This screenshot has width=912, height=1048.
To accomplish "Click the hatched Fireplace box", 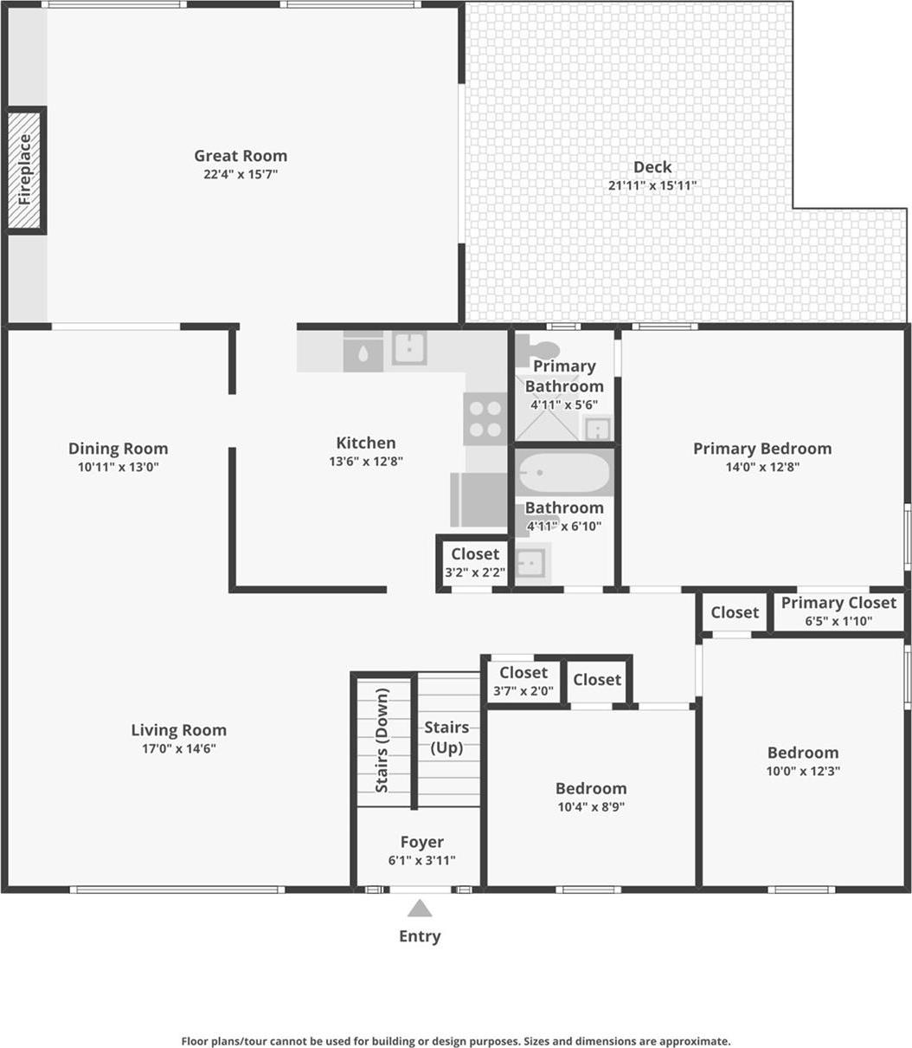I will click(26, 170).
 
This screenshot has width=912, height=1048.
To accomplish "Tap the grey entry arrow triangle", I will click(420, 909).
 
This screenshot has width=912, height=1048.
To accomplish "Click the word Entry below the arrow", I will click(420, 936).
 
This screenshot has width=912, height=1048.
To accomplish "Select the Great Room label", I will click(241, 156).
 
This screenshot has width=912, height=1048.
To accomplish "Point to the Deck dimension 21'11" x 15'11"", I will click(652, 185).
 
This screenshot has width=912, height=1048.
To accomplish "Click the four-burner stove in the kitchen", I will click(485, 418).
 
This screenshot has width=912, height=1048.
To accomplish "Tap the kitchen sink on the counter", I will click(408, 348).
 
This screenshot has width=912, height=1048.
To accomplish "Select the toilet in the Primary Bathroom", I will click(543, 349).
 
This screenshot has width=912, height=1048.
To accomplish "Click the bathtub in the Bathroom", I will click(564, 474).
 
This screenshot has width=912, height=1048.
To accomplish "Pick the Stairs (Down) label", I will click(382, 741).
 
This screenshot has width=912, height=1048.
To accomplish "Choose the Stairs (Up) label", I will click(446, 737).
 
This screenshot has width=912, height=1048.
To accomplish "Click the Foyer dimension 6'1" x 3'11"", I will click(422, 860).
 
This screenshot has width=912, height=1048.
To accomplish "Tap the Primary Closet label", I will click(838, 603).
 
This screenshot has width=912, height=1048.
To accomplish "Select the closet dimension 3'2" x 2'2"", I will click(475, 573).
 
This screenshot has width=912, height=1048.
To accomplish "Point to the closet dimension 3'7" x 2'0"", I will click(523, 691).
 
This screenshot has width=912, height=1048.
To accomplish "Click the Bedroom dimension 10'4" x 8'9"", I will click(591, 806).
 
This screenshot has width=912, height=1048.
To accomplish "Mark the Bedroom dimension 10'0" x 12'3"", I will click(803, 771).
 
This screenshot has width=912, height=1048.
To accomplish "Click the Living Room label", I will click(179, 730).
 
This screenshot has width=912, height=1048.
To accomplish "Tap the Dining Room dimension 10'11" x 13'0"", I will click(119, 467).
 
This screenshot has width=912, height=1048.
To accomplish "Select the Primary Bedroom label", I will click(762, 449).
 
